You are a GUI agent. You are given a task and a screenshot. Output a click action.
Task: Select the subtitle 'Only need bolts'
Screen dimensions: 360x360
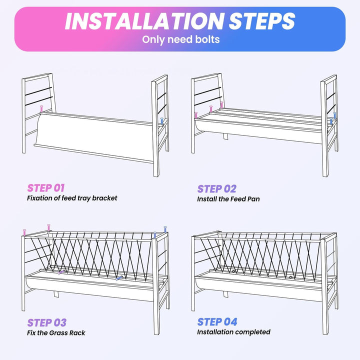pyautogui.click(x=180, y=39)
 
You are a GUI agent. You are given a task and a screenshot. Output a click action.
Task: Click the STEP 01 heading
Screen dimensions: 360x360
pyautogui.click(x=46, y=188)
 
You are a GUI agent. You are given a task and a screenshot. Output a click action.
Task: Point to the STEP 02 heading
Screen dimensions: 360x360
pyautogui.click(x=216, y=189)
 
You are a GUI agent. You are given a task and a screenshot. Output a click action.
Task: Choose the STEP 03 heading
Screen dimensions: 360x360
pyautogui.click(x=47, y=322)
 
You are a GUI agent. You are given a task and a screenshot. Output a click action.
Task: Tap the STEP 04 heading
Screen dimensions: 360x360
pyautogui.click(x=217, y=322)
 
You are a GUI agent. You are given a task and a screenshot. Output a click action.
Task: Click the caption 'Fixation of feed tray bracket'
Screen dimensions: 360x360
pyautogui.click(x=72, y=198)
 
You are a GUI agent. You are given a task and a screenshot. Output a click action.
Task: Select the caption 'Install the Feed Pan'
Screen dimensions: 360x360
pyautogui.click(x=228, y=199)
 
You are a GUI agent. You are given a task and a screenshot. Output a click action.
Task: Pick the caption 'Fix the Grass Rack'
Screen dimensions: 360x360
pyautogui.click(x=56, y=332)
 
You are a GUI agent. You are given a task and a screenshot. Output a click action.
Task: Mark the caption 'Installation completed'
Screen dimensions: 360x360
pyautogui.click(x=233, y=332)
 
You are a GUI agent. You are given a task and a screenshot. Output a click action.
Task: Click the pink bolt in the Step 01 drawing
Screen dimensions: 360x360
pyautogui.click(x=41, y=109)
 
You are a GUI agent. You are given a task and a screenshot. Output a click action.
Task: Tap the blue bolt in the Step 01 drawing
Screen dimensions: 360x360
pyautogui.click(x=162, y=121)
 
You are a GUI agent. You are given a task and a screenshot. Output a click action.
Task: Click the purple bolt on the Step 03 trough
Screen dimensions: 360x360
pyautogui.click(x=61, y=272)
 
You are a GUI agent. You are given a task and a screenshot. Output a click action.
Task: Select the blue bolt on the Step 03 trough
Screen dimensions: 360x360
pyautogui.click(x=119, y=278)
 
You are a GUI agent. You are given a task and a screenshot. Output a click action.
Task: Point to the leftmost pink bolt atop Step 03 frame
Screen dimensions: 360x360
pyautogui.click(x=24, y=232)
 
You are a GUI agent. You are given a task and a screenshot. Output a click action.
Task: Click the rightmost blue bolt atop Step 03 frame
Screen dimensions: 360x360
pyautogui.click(x=165, y=229)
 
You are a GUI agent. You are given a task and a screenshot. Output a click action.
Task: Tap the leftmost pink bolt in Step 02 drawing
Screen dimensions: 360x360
pyautogui.click(x=196, y=115)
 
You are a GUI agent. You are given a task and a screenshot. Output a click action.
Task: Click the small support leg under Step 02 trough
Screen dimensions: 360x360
pyautogui.click(x=225, y=136)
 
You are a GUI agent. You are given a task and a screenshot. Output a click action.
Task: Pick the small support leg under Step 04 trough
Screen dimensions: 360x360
pyautogui.click(x=225, y=294)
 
